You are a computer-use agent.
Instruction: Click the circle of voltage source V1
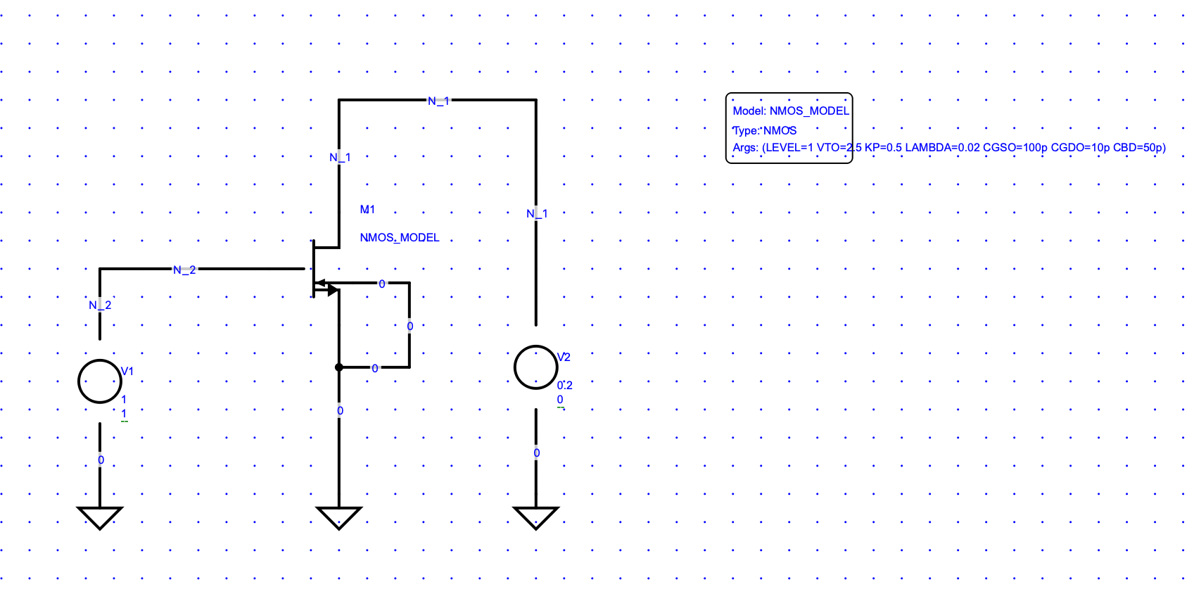point(100,381)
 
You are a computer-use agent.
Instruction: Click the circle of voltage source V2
point(536,367)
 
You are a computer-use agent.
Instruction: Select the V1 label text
point(127,372)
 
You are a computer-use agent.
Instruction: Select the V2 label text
point(564,358)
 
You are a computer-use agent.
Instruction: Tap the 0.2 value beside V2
point(565,386)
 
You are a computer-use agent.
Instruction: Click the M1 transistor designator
point(367,210)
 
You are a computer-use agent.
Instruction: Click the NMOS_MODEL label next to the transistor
point(400,238)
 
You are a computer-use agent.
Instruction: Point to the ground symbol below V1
point(100,517)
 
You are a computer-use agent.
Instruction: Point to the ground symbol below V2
point(536,517)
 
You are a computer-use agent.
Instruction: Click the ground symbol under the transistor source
point(339,517)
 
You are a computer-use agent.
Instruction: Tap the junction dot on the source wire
point(339,367)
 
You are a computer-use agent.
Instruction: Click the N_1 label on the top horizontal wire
point(438,101)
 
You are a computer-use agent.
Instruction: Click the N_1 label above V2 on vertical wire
point(537,214)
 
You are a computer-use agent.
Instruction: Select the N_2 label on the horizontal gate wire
point(184,270)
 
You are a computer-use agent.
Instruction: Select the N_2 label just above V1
point(100,305)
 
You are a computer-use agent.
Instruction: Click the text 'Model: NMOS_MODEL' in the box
point(791,111)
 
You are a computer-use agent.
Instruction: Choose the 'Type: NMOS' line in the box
point(765,131)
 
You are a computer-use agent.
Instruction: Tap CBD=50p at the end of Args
point(1139,148)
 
